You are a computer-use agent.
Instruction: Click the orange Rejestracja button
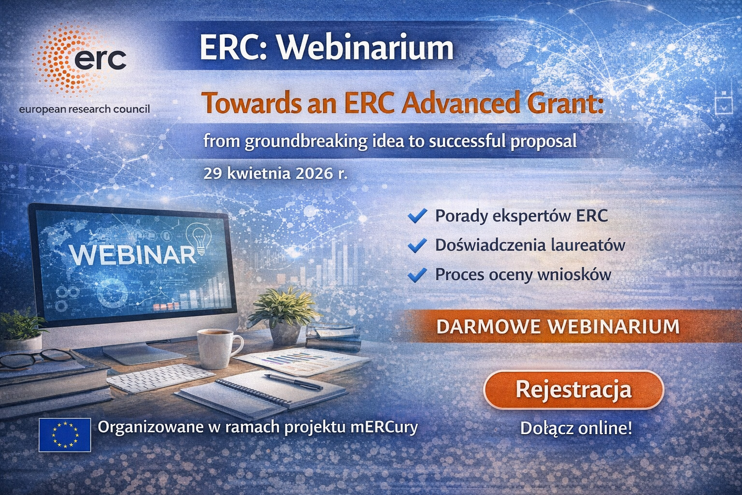[x=574, y=390]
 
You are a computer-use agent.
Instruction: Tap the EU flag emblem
[x=65, y=435]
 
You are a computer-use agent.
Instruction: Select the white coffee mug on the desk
[x=219, y=348]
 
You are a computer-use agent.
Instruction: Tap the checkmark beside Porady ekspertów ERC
[x=417, y=216]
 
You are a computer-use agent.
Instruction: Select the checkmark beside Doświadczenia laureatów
[x=417, y=246]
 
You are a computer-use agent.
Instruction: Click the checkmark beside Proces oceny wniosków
[x=417, y=275]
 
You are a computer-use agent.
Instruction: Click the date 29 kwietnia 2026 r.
[x=275, y=174]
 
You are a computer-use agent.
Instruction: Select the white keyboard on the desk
[x=161, y=378]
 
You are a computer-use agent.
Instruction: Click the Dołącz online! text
[x=576, y=428]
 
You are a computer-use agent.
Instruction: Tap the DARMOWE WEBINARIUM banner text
[x=558, y=327]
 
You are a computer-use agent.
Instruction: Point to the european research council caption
[x=85, y=109]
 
